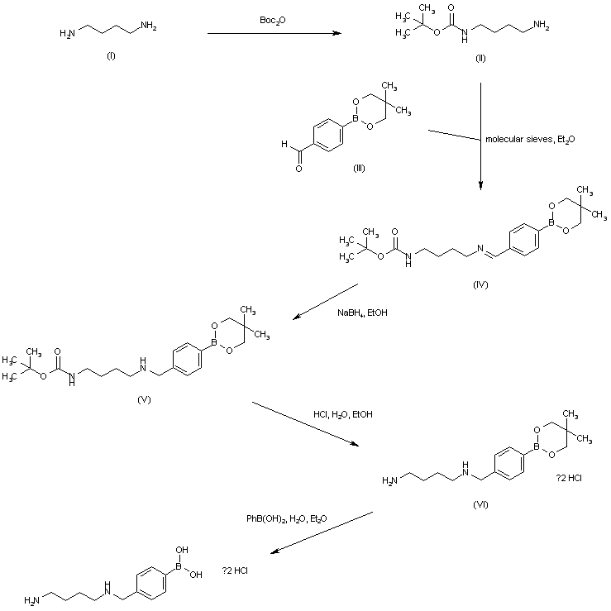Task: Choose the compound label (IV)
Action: (x=481, y=284)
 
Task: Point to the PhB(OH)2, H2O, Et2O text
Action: (x=286, y=518)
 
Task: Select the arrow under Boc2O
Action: (x=274, y=33)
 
